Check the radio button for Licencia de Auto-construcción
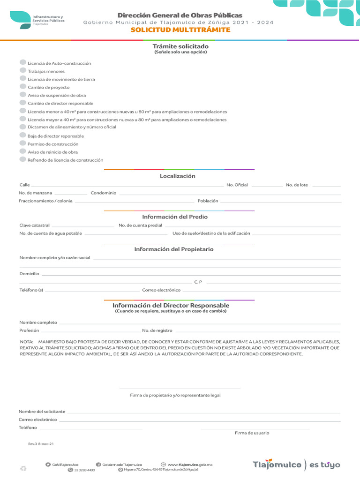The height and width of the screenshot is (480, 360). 23,62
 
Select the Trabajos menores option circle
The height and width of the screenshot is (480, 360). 23,70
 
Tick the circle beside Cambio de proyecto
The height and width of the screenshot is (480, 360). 23,87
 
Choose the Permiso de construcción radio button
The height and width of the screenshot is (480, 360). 23,143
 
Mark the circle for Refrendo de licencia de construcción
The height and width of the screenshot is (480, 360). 23,159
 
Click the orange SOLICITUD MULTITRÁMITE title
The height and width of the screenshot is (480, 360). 180,30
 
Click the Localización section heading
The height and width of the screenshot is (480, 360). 177,176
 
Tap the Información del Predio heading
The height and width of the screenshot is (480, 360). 175,217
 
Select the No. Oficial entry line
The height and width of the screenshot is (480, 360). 267,186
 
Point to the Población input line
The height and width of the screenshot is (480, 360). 281,202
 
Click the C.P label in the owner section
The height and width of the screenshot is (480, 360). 198,282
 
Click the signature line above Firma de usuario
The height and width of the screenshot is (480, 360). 255,428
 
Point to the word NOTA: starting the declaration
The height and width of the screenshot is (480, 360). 27,342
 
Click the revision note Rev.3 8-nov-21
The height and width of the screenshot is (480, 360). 41,443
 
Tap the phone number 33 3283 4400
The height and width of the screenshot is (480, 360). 84,470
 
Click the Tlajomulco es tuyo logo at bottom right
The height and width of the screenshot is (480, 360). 296,465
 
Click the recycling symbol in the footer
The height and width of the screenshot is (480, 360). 23,468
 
